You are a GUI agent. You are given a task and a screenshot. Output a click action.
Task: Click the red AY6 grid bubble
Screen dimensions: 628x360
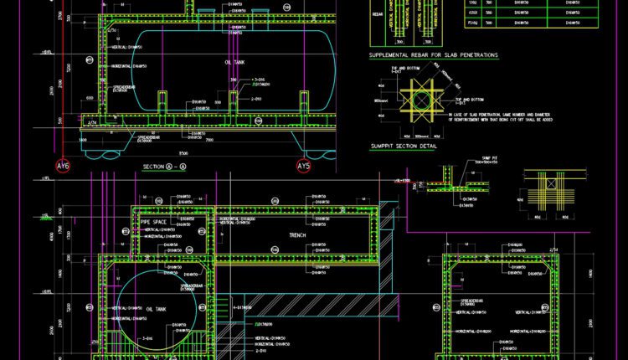click(x=63, y=167)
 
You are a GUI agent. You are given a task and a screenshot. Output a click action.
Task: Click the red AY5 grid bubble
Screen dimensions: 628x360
click(x=303, y=167)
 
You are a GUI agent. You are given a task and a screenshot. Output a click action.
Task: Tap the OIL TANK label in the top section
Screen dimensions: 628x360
click(x=234, y=62)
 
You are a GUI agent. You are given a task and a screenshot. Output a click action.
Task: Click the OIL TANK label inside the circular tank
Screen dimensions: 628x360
click(x=157, y=309)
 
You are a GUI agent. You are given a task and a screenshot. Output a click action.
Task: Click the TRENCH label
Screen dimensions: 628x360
click(x=298, y=235)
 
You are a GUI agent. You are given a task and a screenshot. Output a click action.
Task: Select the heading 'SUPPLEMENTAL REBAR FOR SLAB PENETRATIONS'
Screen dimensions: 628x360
click(x=433, y=54)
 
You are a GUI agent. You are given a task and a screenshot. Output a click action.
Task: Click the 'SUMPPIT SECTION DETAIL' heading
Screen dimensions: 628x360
click(x=404, y=146)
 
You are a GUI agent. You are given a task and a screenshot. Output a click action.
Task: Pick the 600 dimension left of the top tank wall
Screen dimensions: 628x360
click(x=90, y=98)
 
